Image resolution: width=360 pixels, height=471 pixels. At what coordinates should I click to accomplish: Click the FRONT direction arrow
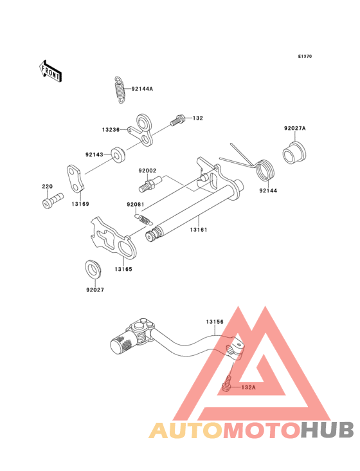click(50, 71)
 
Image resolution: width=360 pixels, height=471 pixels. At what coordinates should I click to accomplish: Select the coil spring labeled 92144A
click(120, 90)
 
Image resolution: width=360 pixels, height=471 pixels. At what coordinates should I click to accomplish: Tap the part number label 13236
click(111, 130)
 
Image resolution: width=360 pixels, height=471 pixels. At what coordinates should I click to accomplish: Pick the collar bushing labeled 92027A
click(294, 152)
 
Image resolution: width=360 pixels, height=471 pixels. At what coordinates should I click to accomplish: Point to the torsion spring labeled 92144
click(264, 170)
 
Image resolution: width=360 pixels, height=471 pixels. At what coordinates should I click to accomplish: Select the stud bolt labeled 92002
click(150, 183)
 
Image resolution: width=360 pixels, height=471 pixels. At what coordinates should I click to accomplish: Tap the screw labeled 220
click(52, 200)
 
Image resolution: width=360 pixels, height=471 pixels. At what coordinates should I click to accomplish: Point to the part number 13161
click(199, 230)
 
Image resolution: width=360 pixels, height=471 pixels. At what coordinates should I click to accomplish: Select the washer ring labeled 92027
click(93, 269)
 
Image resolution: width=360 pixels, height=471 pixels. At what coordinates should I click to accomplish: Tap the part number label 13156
click(215, 322)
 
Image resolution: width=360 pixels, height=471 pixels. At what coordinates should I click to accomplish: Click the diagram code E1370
click(305, 56)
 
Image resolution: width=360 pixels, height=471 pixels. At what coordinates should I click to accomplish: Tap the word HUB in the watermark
click(328, 430)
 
